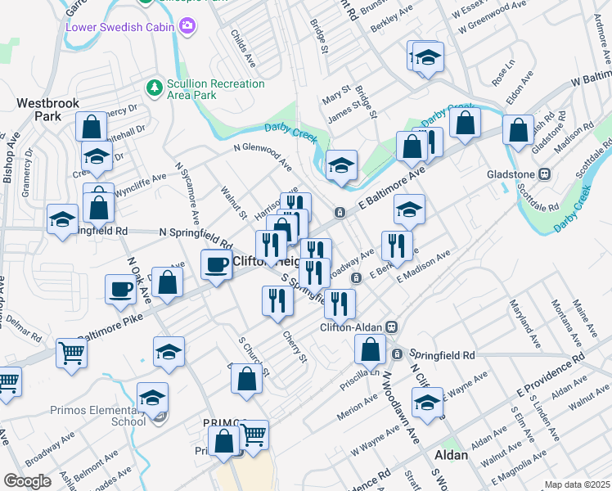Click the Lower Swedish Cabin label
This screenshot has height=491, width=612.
[122, 26]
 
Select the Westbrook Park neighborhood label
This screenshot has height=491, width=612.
[38, 110]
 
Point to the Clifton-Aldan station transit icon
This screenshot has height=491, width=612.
[391, 327]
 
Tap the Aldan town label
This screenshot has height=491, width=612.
[452, 455]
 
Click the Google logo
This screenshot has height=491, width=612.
[27, 481]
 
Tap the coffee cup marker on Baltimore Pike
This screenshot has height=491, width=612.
[217, 264]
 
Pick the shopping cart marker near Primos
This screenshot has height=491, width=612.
[254, 434]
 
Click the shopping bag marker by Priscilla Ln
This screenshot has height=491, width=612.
[371, 349]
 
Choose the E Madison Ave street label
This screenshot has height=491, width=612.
[422, 267]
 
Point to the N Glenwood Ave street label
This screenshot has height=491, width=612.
[262, 155]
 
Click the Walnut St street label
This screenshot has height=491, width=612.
[234, 202]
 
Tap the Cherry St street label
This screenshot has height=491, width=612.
[294, 346]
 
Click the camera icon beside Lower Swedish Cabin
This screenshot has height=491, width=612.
[188, 26]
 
